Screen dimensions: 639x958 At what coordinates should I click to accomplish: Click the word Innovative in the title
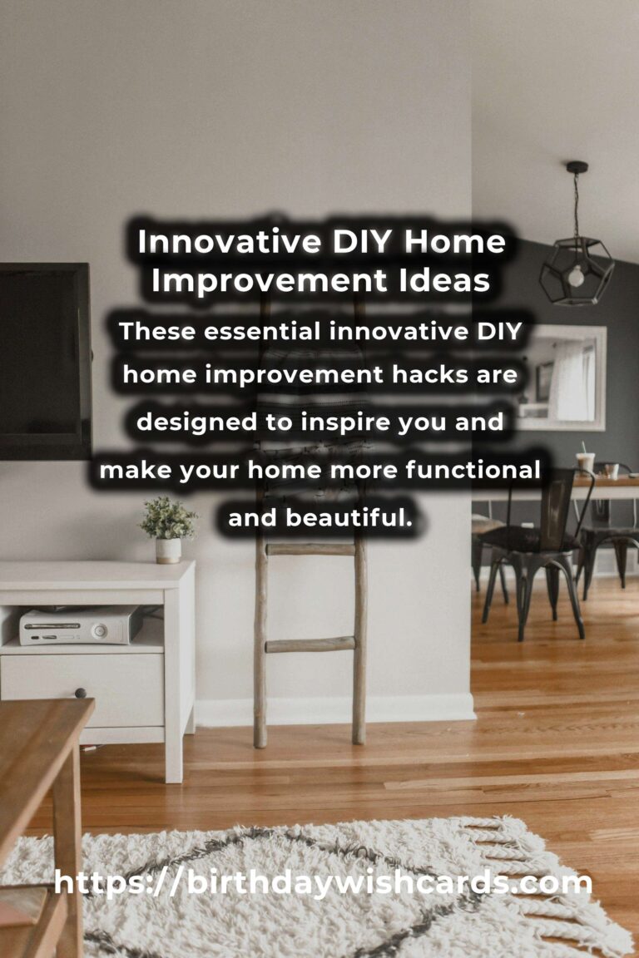pos(230,241)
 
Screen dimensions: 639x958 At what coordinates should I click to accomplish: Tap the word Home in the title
pos(455,241)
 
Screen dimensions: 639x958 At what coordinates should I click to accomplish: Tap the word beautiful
pos(349,517)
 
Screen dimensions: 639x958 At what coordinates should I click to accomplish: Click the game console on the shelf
pos(81,625)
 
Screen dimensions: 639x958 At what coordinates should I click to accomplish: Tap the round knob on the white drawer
pos(80,693)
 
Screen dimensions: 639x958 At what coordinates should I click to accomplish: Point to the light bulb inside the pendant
pos(576,277)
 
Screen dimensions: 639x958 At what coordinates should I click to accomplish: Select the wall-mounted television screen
pos(45,361)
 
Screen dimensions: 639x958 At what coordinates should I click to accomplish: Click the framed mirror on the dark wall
pos(564,378)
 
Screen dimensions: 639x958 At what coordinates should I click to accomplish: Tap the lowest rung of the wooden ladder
pos(310,644)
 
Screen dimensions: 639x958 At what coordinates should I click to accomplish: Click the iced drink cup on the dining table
pos(585,462)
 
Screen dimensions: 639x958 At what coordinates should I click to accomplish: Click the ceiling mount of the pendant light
pos(577,167)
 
